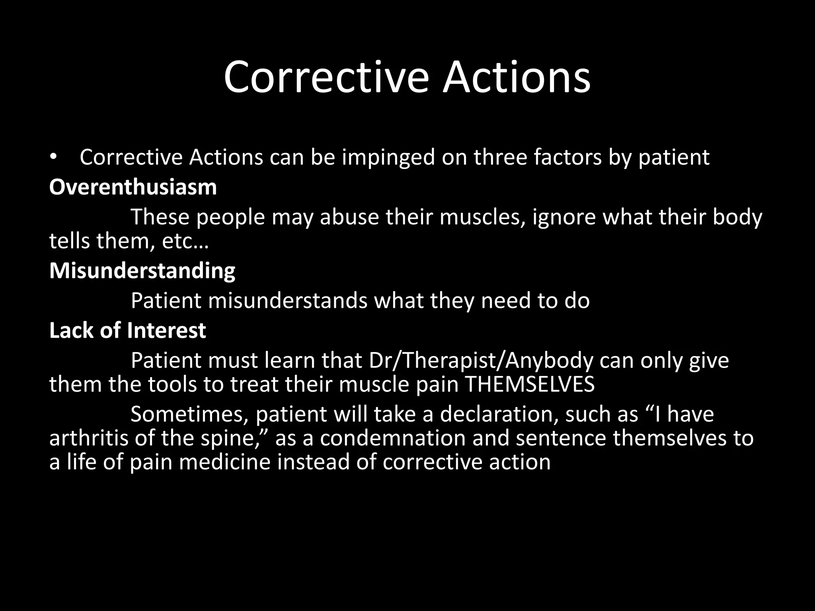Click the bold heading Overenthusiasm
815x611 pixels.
click(133, 187)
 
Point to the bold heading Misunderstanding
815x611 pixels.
click(142, 270)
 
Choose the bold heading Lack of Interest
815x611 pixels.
click(127, 330)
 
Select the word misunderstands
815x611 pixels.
click(287, 300)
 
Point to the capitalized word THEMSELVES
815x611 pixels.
click(529, 384)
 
